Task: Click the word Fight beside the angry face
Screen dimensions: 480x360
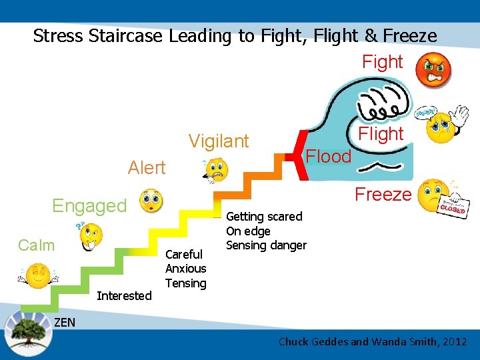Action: coord(382,62)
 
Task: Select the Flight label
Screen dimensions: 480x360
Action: coord(381,134)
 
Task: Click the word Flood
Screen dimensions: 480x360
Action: coord(328,157)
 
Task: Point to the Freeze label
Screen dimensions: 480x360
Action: coord(383,195)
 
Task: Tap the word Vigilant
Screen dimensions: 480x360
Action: coord(219,141)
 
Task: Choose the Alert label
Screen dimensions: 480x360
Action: coord(147,168)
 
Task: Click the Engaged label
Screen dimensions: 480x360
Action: coord(89,206)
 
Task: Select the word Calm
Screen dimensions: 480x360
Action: coord(37,245)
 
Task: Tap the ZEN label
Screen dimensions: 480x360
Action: coord(64,323)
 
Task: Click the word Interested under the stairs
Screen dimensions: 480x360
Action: coord(124,296)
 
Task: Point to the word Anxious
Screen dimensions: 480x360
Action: coord(185,269)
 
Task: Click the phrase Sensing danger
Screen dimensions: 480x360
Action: coord(266,245)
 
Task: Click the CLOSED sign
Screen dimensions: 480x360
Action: coord(453,207)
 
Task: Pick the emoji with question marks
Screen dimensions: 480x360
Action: coord(90,235)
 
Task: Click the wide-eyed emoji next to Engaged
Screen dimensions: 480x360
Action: coord(151,200)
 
